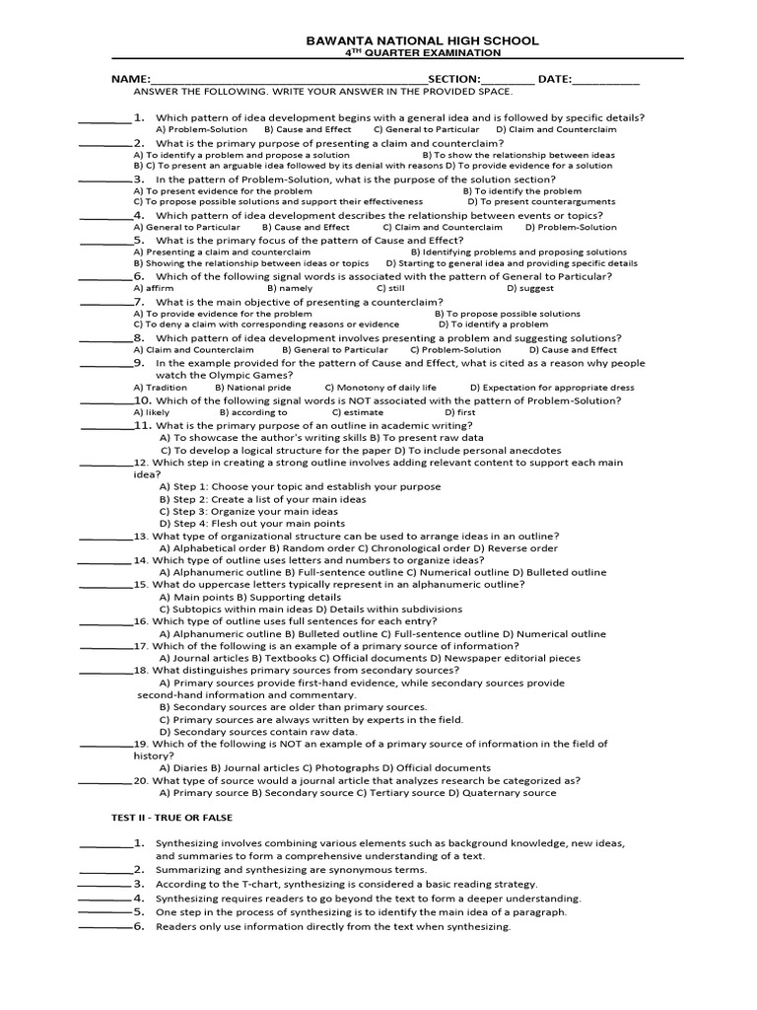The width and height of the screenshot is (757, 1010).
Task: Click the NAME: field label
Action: click(130, 78)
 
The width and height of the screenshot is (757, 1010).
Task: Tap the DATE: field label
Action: click(554, 78)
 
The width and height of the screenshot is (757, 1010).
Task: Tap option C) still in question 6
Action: click(390, 288)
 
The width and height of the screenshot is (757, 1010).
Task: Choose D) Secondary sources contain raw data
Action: click(257, 732)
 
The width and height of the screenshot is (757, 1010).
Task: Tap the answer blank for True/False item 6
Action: click(103, 927)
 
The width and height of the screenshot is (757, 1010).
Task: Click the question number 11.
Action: click(144, 425)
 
